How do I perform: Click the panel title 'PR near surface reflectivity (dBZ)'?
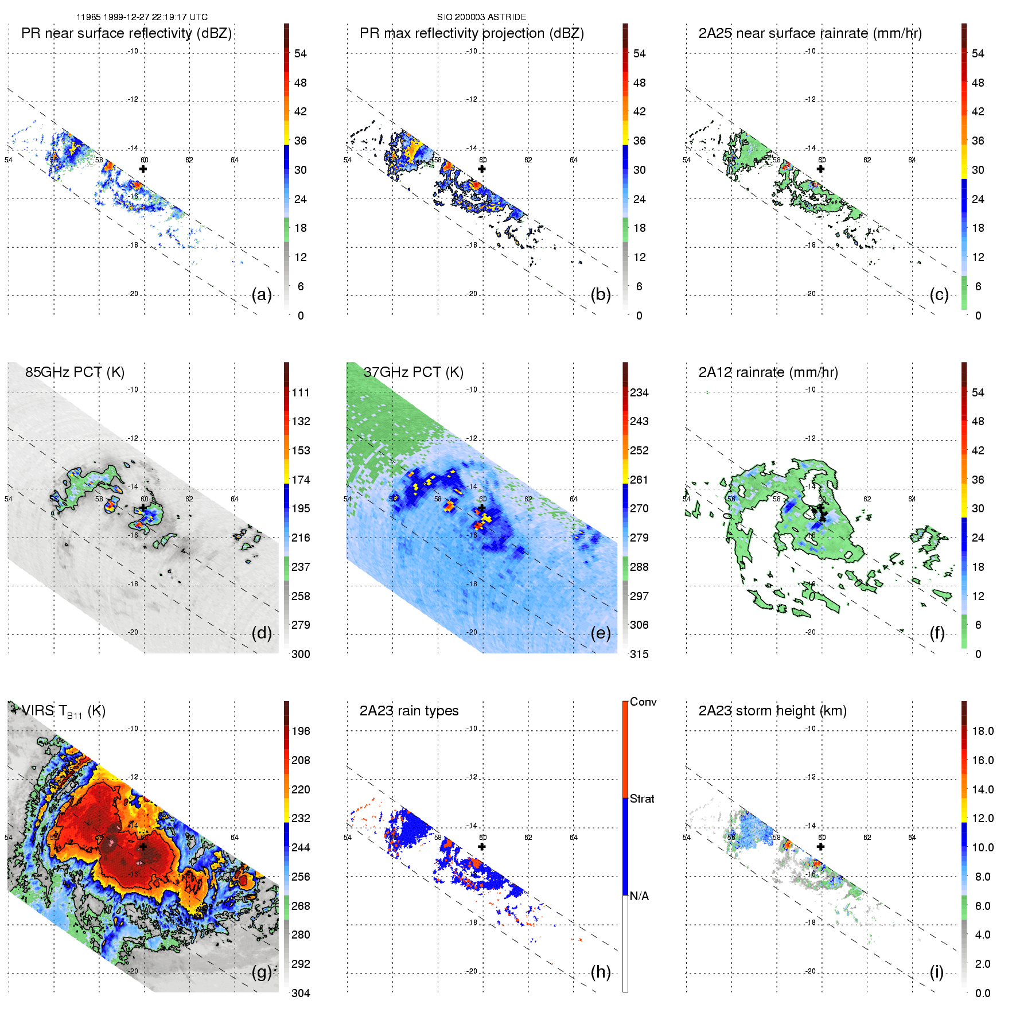(126, 33)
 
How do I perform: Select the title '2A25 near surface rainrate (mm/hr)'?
(810, 33)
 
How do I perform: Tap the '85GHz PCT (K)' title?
(75, 372)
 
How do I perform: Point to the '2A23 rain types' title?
(409, 711)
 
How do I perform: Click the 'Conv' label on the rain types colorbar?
(643, 702)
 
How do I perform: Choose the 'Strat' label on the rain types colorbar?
(642, 799)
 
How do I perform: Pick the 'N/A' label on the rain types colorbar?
(639, 896)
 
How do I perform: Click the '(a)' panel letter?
(262, 295)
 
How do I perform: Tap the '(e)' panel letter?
(601, 633)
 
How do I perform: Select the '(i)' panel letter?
(937, 972)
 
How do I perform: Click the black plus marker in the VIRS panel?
(143, 846)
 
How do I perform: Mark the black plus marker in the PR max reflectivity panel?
(482, 169)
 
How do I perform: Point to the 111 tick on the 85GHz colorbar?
(301, 392)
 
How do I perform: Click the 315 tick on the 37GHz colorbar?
(639, 654)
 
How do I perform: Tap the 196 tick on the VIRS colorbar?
(301, 731)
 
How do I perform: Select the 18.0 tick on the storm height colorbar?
(983, 731)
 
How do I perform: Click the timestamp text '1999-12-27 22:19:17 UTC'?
(155, 17)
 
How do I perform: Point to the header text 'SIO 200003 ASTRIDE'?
(481, 17)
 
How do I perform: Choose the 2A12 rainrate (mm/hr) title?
(768, 372)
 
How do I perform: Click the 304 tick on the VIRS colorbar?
(301, 993)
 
